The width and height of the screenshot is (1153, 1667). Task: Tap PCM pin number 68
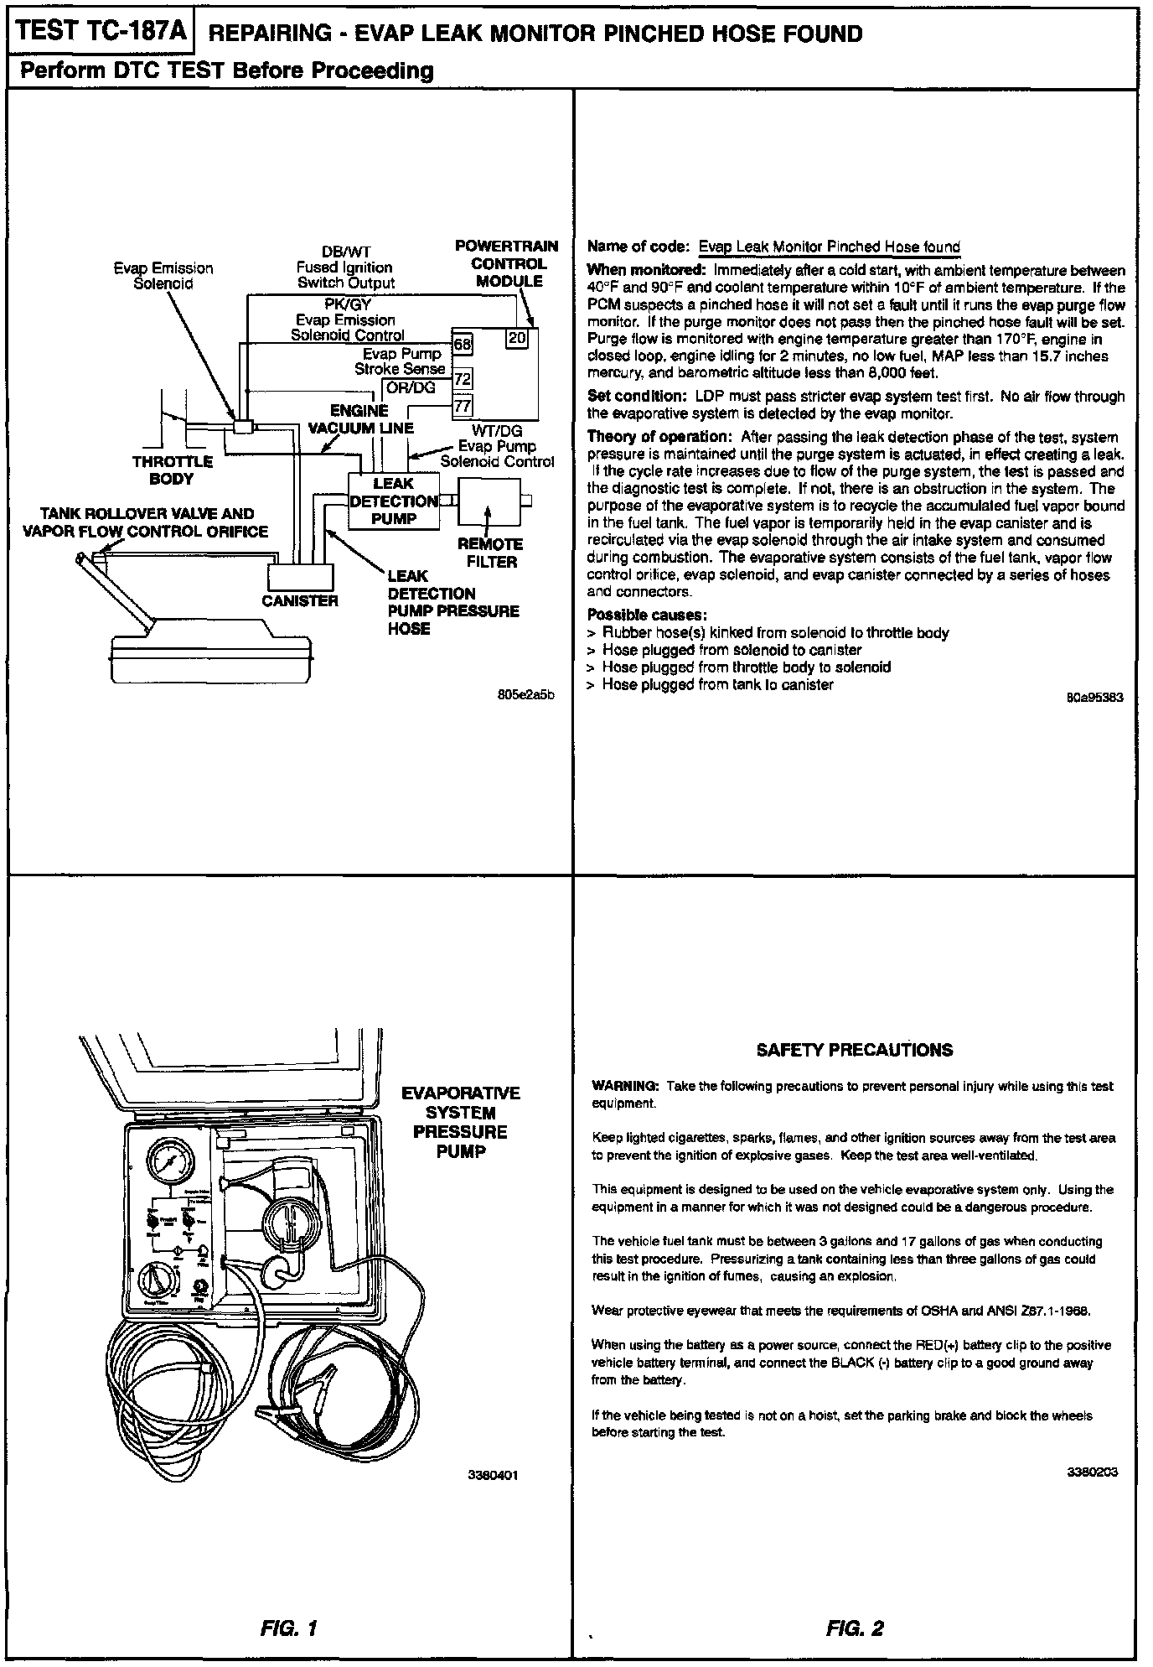[463, 345]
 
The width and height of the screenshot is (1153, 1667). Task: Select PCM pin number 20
[517, 338]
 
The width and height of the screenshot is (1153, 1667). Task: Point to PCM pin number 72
[463, 379]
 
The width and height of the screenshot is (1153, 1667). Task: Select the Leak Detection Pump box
[394, 501]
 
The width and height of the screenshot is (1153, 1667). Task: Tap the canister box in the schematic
[300, 577]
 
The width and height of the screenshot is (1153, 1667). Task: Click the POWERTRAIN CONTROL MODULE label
[507, 263]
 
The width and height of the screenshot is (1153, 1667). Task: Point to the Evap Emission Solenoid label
[163, 276]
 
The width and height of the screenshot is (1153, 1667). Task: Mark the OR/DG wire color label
[411, 387]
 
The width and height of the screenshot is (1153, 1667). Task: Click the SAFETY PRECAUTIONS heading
[854, 1050]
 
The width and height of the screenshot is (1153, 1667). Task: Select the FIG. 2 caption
[854, 1629]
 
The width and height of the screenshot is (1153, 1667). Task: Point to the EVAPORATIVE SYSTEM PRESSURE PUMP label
[461, 1122]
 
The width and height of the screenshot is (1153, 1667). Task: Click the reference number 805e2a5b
[526, 695]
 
